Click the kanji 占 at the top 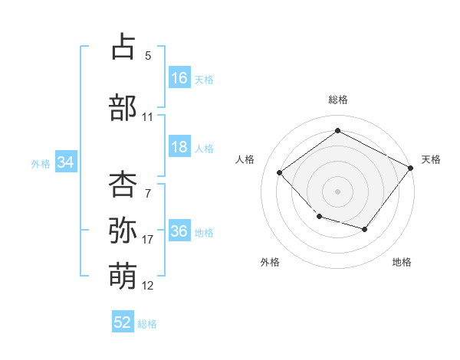pyautogui.click(x=123, y=46)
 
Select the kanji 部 pyautogui.click(x=123, y=107)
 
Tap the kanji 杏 pyautogui.click(x=123, y=184)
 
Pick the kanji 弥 pyautogui.click(x=123, y=230)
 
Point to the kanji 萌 pyautogui.click(x=123, y=276)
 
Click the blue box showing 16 pyautogui.click(x=179, y=77)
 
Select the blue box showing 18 pyautogui.click(x=179, y=146)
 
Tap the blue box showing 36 pyautogui.click(x=179, y=230)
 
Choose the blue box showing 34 pyautogui.click(x=66, y=162)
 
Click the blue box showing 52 pyautogui.click(x=123, y=321)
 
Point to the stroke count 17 pyautogui.click(x=147, y=240)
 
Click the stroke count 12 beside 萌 pyautogui.click(x=147, y=286)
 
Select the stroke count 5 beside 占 pyautogui.click(x=148, y=56)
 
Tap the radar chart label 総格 pyautogui.click(x=338, y=100)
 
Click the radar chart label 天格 pyautogui.click(x=431, y=159)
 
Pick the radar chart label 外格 pyautogui.click(x=270, y=262)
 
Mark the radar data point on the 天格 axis pyautogui.click(x=410, y=168)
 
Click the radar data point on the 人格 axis pyautogui.click(x=279, y=172)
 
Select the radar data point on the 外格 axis pyautogui.click(x=320, y=217)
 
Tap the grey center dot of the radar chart pyautogui.click(x=337, y=191)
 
